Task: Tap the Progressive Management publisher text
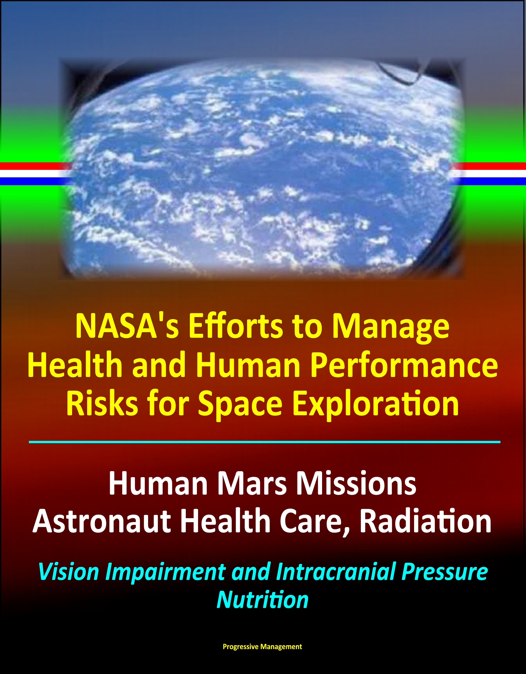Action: pos(262,647)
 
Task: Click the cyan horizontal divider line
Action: pos(265,442)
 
